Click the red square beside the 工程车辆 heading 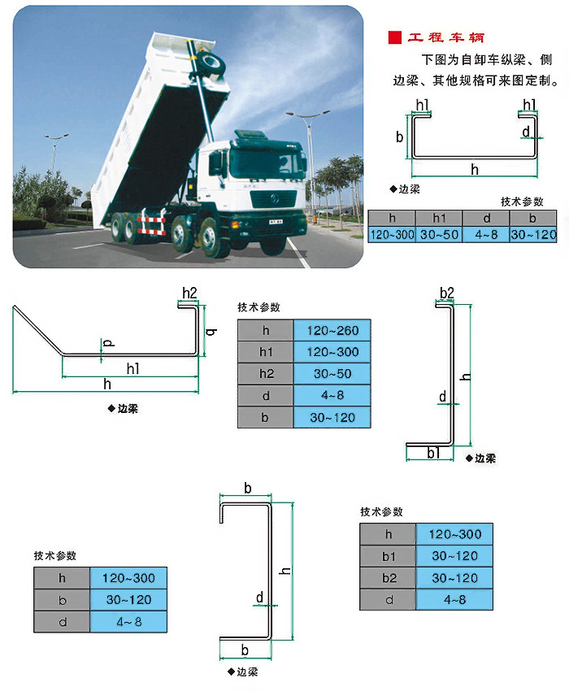395,37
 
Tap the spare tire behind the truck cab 211,63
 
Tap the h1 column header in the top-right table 439,219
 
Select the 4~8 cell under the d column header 486,235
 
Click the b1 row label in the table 388,556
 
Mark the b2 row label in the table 388,578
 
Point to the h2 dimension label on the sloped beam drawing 189,292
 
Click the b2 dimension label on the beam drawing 446,292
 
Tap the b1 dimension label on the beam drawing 433,453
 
